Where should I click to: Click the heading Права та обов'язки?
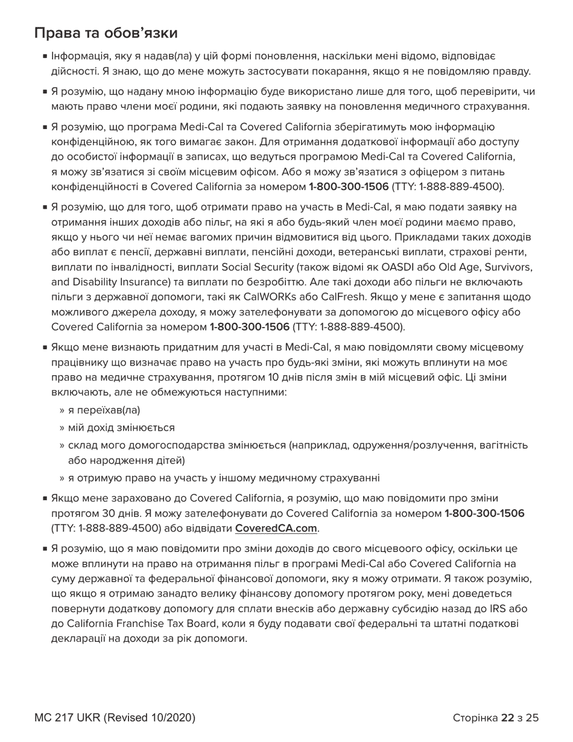click(106, 33)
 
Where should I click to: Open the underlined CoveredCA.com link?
click(276, 528)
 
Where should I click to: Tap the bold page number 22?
click(507, 718)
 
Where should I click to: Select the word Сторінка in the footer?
click(475, 718)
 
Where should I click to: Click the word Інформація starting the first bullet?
click(78, 57)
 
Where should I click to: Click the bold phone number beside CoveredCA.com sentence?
click(484, 513)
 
